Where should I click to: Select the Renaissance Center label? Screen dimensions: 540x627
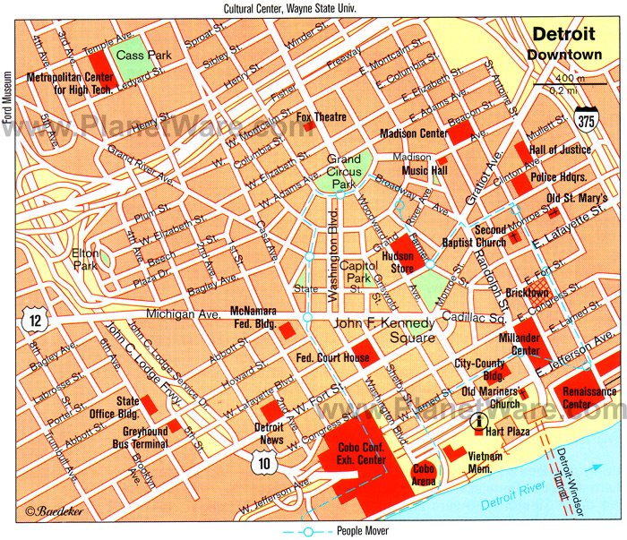tap(588, 398)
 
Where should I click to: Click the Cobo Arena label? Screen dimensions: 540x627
tap(424, 474)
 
